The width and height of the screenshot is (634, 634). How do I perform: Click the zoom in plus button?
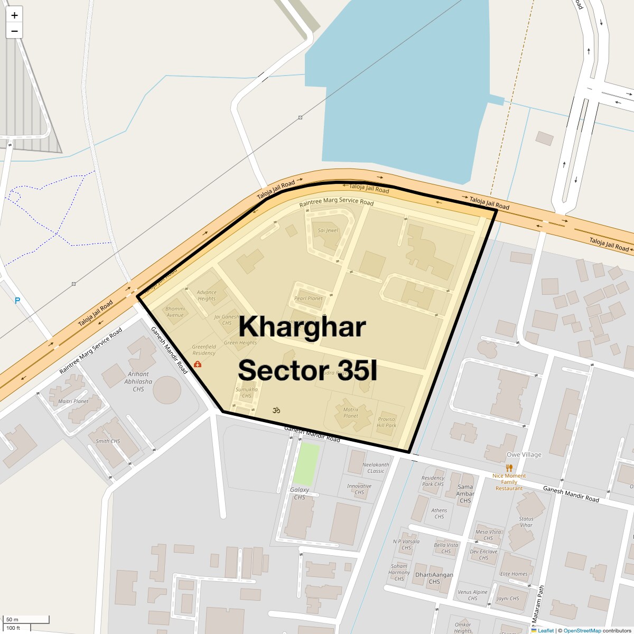click(14, 15)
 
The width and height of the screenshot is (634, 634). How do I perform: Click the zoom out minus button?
click(14, 31)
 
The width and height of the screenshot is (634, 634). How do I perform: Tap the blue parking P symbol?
click(17, 301)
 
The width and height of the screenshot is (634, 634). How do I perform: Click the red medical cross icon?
click(198, 365)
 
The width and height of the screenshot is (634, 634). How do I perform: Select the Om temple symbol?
click(276, 410)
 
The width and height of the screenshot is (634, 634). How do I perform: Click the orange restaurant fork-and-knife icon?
click(509, 468)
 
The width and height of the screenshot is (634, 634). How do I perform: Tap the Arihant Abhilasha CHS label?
click(138, 381)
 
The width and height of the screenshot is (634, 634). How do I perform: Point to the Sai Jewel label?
click(328, 230)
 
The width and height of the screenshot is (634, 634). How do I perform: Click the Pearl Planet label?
click(308, 299)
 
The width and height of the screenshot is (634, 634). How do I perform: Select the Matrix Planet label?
click(351, 413)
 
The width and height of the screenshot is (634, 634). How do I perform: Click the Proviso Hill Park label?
click(386, 422)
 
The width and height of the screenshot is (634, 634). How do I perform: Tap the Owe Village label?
click(524, 455)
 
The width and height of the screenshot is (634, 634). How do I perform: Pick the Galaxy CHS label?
click(300, 493)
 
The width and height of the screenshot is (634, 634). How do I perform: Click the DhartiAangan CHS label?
click(434, 578)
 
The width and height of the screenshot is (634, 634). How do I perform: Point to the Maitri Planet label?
click(73, 402)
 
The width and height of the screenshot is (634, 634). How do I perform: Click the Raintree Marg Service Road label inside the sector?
click(336, 202)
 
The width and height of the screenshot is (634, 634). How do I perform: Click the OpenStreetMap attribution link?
click(582, 630)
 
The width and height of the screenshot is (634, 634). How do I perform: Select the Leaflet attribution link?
click(545, 630)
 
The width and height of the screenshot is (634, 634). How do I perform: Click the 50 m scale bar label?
click(12, 619)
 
